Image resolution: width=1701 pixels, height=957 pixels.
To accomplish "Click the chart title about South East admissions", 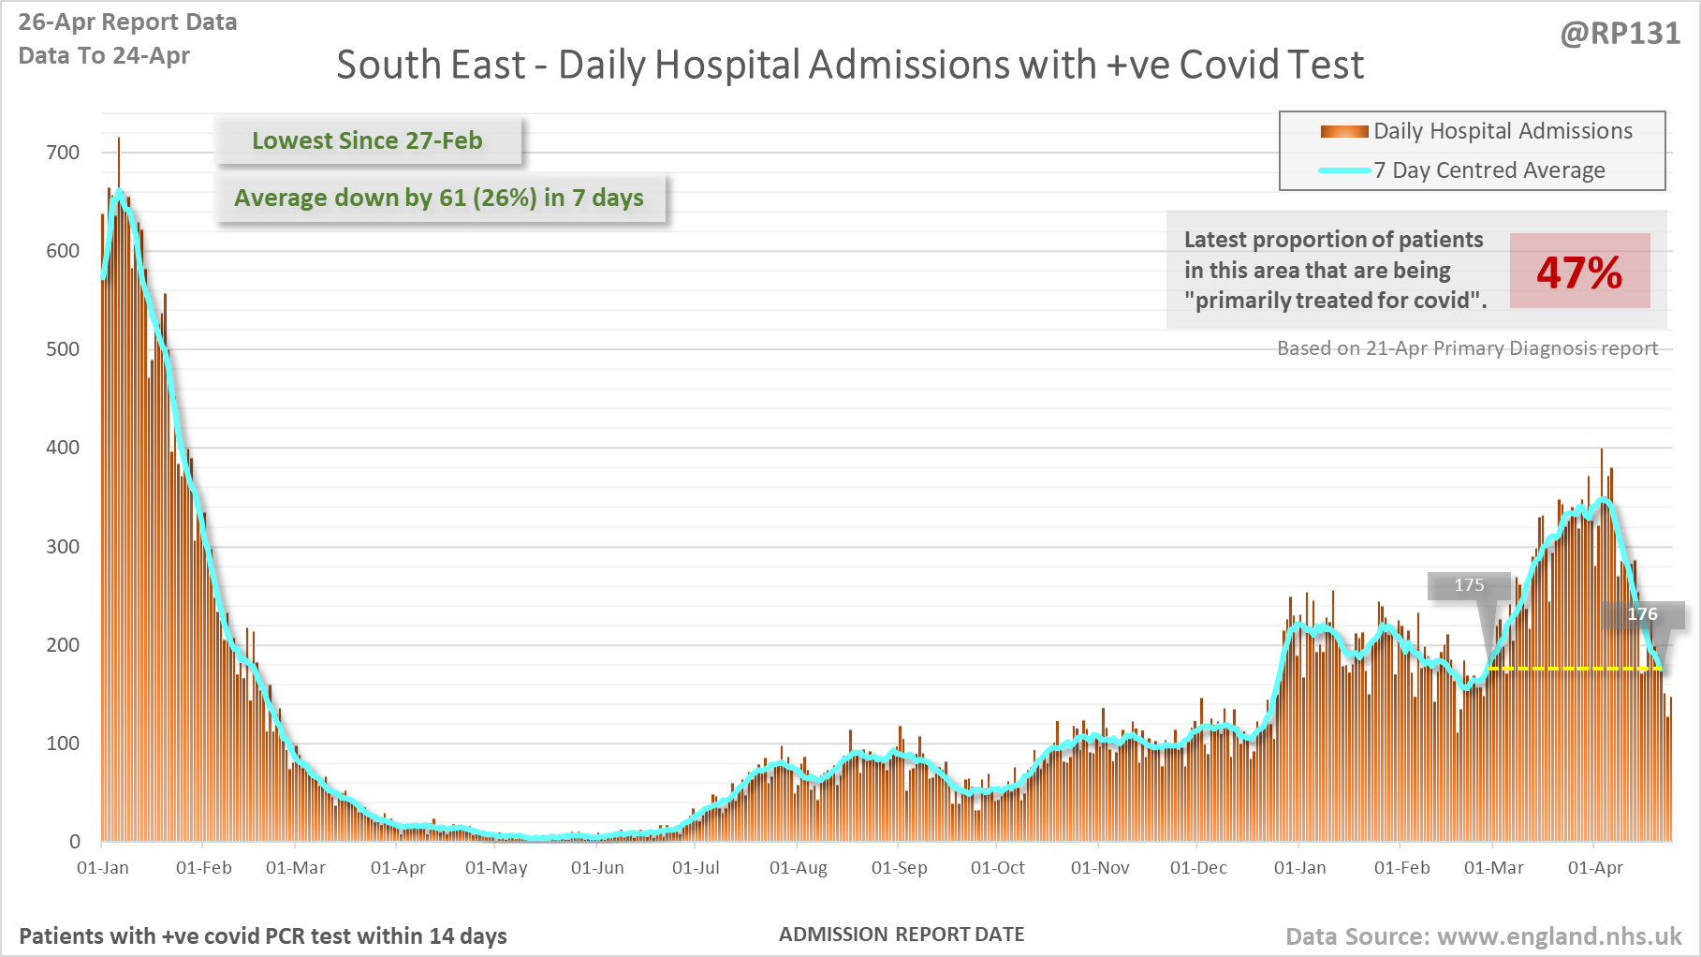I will point(849,66).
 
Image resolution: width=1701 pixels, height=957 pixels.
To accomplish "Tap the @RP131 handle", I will point(1620,34).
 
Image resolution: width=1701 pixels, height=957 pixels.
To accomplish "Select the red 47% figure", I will point(1579,272).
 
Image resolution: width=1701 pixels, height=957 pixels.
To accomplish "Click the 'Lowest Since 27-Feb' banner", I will point(367,140).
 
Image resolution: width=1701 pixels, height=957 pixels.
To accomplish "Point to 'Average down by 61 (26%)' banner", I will point(439,199).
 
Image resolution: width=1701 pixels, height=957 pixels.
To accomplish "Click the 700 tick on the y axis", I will point(63,153).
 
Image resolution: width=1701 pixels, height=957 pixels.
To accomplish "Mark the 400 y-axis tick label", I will point(63,448).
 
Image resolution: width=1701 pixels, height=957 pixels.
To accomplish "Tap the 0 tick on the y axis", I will point(75,841).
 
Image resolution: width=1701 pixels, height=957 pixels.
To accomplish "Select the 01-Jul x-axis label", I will point(696,868).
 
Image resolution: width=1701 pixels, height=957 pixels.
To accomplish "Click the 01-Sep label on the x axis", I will point(899,868).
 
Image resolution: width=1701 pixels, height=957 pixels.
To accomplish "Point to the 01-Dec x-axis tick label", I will point(1198,868).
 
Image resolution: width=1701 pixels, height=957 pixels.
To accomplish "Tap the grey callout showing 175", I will point(1469,585).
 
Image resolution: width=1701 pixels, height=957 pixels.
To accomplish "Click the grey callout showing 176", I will point(1642,614).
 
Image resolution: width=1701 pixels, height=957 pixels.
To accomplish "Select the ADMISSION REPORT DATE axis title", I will point(902,935).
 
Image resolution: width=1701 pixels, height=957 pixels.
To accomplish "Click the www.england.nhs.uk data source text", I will point(1559,936).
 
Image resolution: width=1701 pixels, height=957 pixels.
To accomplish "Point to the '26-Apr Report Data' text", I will point(127,22).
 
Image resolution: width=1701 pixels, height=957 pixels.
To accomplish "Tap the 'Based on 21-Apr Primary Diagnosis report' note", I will point(1467,348).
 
